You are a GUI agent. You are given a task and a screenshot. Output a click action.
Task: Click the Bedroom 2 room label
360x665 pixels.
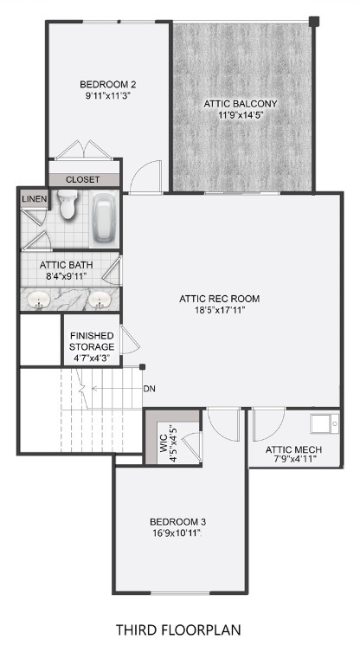pyautogui.click(x=108, y=84)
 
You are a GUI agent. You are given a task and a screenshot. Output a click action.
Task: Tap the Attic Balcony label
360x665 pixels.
pyautogui.click(x=241, y=103)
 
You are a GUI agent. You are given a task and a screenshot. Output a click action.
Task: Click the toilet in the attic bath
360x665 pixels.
pyautogui.click(x=67, y=205)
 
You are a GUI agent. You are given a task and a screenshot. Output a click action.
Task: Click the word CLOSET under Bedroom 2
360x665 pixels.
pyautogui.click(x=83, y=179)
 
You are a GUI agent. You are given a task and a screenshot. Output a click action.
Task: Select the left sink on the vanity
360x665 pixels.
pyautogui.click(x=38, y=300)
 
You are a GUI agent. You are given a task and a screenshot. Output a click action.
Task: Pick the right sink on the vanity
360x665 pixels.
pyautogui.click(x=100, y=300)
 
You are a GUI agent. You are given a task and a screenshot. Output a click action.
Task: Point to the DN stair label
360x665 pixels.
pyautogui.click(x=150, y=388)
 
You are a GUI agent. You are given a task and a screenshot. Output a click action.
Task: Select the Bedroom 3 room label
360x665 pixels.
pyautogui.click(x=177, y=521)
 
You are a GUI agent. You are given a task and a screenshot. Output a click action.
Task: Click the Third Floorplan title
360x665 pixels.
pyautogui.click(x=179, y=629)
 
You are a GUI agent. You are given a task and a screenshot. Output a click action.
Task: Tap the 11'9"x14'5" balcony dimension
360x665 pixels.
pyautogui.click(x=241, y=115)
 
